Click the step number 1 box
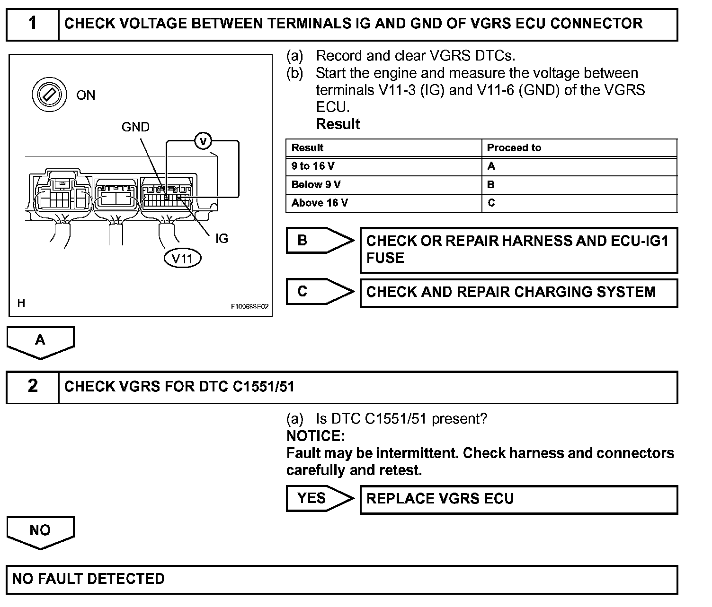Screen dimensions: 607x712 pyautogui.click(x=32, y=24)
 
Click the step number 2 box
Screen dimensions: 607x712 pyautogui.click(x=32, y=387)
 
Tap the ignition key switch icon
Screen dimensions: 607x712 pyautogui.click(x=48, y=95)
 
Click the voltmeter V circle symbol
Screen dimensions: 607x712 pyautogui.click(x=203, y=141)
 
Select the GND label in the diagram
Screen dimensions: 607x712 pyautogui.click(x=135, y=127)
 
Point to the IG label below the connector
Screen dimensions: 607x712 pyautogui.click(x=222, y=239)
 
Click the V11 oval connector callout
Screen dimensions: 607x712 pyautogui.click(x=182, y=258)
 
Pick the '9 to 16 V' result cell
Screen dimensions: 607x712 pyautogui.click(x=383, y=166)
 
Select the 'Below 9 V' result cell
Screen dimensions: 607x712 pyautogui.click(x=383, y=185)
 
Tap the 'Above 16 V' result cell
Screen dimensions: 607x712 pyautogui.click(x=383, y=203)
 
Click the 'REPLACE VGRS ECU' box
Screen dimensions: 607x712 pyautogui.click(x=518, y=499)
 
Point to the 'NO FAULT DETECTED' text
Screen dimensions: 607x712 pyautogui.click(x=89, y=579)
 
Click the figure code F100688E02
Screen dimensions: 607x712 pyautogui.click(x=249, y=307)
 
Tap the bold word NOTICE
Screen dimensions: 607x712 pyautogui.click(x=316, y=436)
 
